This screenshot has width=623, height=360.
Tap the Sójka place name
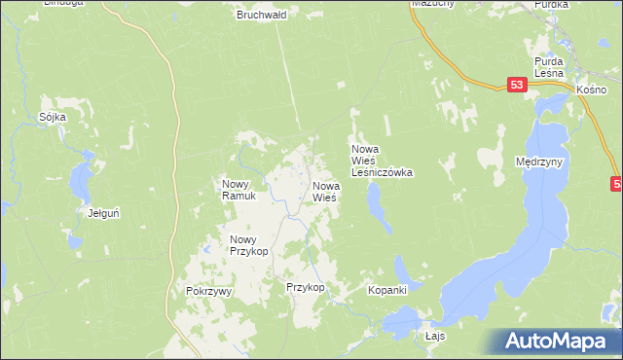[53, 117]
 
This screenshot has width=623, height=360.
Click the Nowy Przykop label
[248, 244]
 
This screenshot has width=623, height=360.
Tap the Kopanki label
[386, 289]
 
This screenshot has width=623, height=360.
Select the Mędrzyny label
[543, 162]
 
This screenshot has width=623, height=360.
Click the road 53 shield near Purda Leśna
[517, 87]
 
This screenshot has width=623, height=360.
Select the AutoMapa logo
[559, 341]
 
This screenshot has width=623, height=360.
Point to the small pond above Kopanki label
[400, 267]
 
